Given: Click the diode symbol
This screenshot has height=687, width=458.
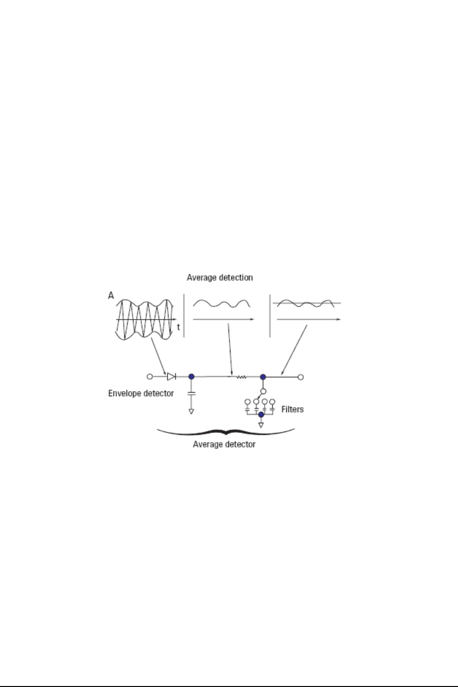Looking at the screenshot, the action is tap(171, 377).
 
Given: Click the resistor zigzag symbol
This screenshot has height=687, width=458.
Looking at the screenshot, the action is tap(242, 377).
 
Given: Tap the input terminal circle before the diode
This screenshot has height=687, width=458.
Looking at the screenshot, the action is tap(150, 377).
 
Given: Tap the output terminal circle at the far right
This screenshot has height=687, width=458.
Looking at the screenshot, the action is tap(301, 377).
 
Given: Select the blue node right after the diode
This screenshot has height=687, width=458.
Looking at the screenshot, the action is tap(191, 377).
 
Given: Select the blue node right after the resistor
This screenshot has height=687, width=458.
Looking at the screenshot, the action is tap(263, 377).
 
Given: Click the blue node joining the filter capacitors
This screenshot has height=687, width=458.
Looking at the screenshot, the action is tap(261, 415).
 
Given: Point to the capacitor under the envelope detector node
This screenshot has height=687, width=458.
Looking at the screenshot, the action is tap(191, 393).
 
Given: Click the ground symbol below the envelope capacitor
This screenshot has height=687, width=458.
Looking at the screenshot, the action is tap(191, 411).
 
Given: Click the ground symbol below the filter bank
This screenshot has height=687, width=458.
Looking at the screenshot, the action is tap(261, 425).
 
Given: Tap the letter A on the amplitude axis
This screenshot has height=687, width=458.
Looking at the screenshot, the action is tap(111, 295).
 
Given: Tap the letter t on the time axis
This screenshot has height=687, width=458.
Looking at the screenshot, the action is tap(179, 327).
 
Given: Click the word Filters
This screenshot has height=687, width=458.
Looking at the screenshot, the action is tap(293, 409).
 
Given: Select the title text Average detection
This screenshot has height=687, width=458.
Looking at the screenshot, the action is tap(220, 277).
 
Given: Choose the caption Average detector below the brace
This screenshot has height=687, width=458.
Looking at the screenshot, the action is tap(224, 445).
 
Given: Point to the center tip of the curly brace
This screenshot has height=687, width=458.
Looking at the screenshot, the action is tap(226, 434).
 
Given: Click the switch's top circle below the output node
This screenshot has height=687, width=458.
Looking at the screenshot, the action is tap(263, 391).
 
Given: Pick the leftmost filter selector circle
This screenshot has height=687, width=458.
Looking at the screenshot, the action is tap(247, 402).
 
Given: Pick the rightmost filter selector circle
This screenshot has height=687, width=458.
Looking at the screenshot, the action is tap(272, 402).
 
